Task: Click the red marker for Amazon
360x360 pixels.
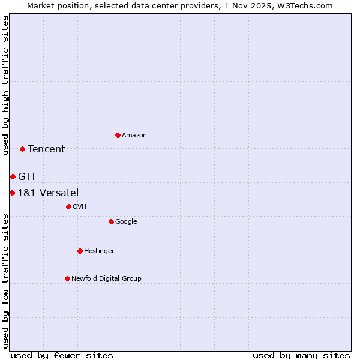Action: tap(118, 135)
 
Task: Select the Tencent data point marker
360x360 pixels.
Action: tap(22, 149)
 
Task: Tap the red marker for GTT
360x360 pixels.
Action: tap(13, 176)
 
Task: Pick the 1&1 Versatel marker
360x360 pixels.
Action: tap(12, 193)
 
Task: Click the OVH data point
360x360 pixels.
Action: tap(68, 206)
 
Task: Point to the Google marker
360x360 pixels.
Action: tap(111, 221)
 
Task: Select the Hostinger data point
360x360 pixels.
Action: tap(80, 251)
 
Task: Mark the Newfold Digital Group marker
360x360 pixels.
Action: tap(67, 278)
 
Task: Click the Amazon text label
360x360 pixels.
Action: tap(134, 136)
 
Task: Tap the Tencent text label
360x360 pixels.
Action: tap(46, 149)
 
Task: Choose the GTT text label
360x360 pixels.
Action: tap(27, 176)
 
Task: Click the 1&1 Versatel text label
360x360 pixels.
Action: tap(48, 193)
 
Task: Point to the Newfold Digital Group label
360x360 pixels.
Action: tap(106, 278)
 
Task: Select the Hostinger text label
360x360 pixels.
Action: tap(99, 251)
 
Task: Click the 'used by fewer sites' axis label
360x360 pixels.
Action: tap(62, 355)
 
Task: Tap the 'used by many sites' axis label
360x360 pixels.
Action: tap(301, 355)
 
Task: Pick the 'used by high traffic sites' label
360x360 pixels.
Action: tap(5, 85)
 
